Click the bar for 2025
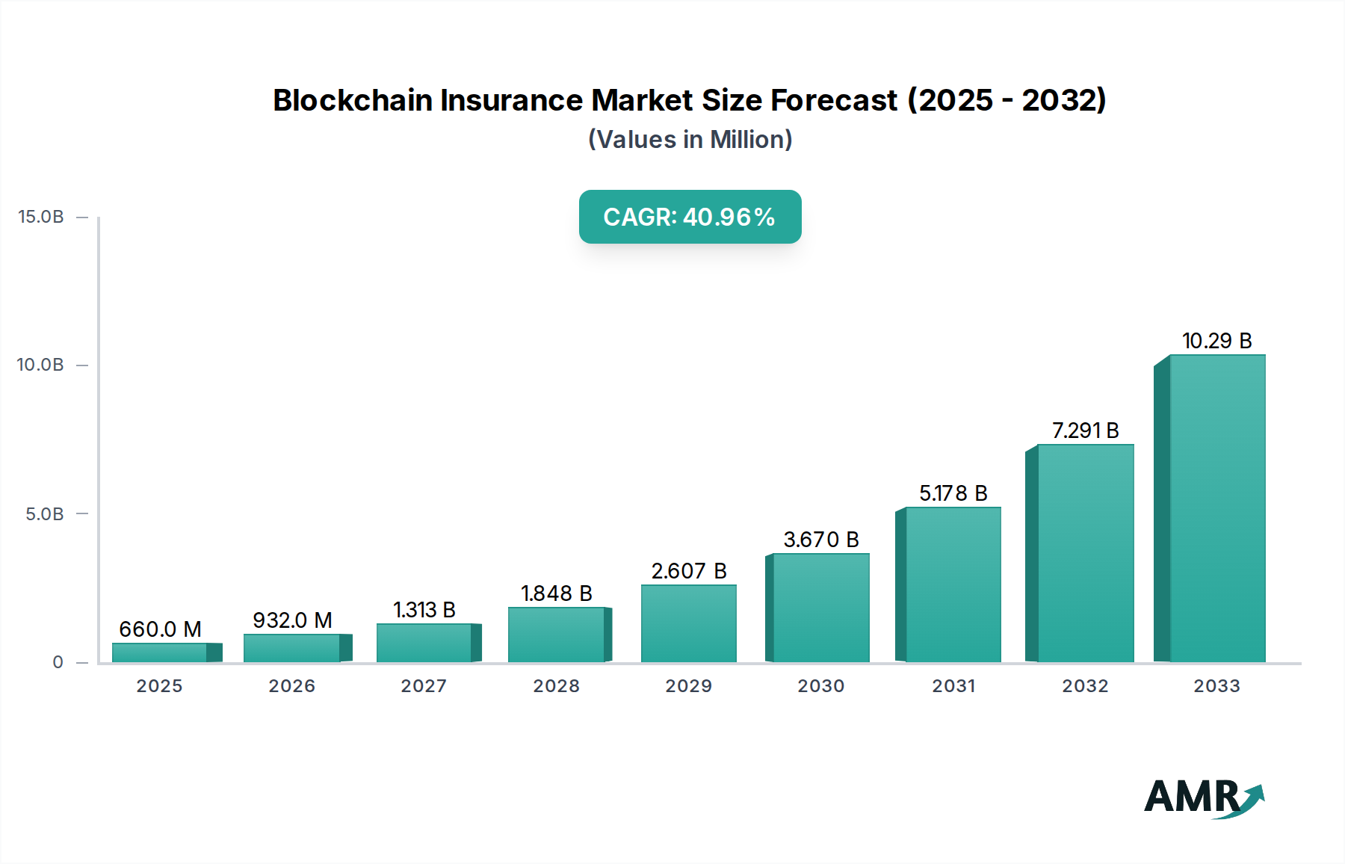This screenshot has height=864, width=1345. (x=160, y=652)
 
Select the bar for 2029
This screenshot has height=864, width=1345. (x=688, y=623)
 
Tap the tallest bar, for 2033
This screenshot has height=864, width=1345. (x=1216, y=508)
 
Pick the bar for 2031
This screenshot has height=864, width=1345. (x=953, y=584)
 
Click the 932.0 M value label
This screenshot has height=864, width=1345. (x=292, y=620)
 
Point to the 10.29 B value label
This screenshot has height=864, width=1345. (x=1216, y=341)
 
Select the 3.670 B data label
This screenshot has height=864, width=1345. (x=820, y=540)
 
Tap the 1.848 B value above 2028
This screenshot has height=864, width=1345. (x=556, y=593)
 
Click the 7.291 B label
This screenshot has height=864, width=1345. (x=1085, y=431)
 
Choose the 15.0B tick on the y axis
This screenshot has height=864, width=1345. (x=41, y=217)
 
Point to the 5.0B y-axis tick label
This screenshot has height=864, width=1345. (x=45, y=514)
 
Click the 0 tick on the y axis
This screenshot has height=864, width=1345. (x=58, y=662)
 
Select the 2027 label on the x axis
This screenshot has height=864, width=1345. (x=424, y=686)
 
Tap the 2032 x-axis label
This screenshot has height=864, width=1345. (x=1085, y=686)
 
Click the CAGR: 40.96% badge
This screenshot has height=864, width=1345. (x=690, y=217)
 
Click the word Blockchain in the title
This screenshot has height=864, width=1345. (x=352, y=100)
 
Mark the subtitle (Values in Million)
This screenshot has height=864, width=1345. (x=690, y=140)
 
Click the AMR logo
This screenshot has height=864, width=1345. (x=1203, y=797)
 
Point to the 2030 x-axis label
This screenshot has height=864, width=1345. (x=820, y=686)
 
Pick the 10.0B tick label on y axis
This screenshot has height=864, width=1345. (x=41, y=365)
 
